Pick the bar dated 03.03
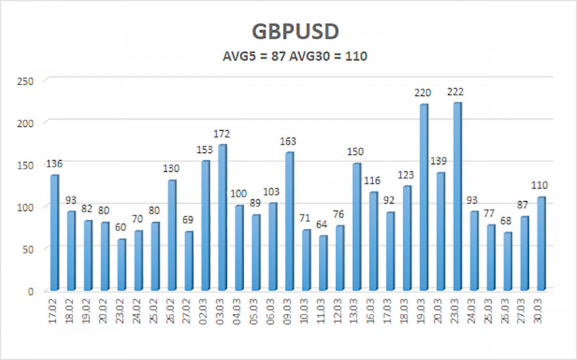pyautogui.click(x=222, y=217)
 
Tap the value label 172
pyautogui.click(x=222, y=134)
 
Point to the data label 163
pyautogui.click(x=288, y=142)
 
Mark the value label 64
pyautogui.click(x=322, y=225)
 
